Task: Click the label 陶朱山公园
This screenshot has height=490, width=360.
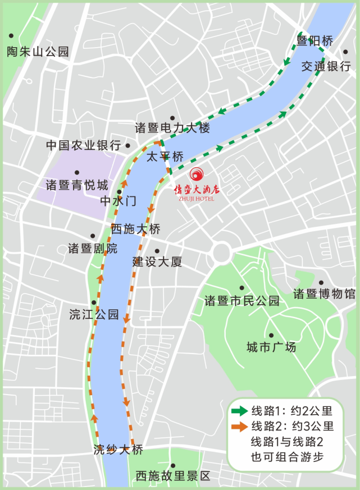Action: [x=38, y=52]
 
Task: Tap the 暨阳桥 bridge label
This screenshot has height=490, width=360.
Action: [x=315, y=41]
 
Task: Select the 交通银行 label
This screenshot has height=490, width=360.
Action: [x=326, y=66]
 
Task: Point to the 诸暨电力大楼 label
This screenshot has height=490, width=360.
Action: [x=172, y=128]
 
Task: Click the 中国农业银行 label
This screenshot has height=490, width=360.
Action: [x=83, y=145]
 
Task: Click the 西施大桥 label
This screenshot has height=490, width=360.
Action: [x=135, y=229]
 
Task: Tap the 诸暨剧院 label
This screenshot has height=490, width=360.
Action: [x=93, y=248]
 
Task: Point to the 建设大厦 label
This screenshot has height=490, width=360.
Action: [x=157, y=262]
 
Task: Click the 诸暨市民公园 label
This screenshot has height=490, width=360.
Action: [x=241, y=301]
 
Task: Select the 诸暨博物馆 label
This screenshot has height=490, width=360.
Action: [x=325, y=294]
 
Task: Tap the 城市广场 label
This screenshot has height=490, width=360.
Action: [x=271, y=347]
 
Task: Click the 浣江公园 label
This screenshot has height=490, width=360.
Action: [x=94, y=314]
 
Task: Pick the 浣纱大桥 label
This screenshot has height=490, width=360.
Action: [x=119, y=450]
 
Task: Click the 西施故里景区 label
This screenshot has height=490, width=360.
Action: [x=173, y=476]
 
